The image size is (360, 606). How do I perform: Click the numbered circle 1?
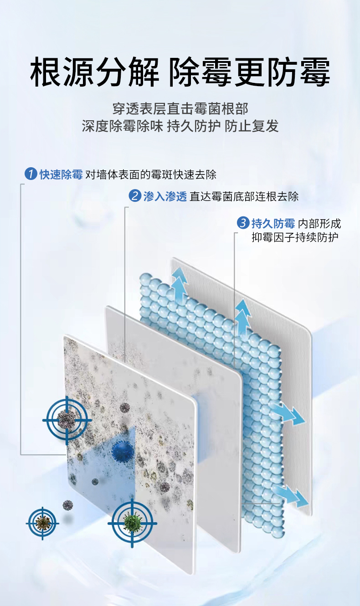(x=31, y=174)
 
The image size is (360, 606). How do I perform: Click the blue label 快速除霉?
(x=61, y=174)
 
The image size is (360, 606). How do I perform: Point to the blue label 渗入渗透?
(x=165, y=196)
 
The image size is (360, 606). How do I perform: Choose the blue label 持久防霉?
(x=273, y=223)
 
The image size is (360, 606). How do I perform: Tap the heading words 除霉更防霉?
(x=249, y=72)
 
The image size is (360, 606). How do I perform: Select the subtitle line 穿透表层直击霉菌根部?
(x=180, y=108)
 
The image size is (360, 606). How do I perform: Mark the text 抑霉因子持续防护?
(x=295, y=237)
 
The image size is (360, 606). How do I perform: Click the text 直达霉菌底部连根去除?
(x=244, y=196)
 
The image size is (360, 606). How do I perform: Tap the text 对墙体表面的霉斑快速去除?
(x=151, y=174)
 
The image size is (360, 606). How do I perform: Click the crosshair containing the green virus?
(x=132, y=523)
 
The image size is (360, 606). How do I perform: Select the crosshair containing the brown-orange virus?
(x=42, y=523)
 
